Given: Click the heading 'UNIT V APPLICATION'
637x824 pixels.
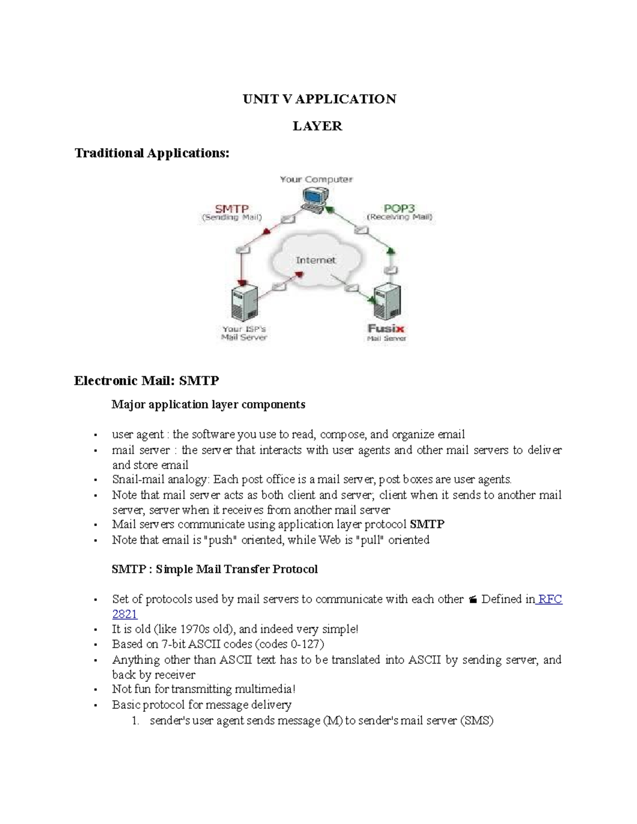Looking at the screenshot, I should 319,99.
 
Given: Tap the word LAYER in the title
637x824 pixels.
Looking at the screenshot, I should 317,126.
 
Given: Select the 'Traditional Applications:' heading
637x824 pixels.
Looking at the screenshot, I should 152,153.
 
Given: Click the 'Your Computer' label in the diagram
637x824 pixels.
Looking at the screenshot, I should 316,179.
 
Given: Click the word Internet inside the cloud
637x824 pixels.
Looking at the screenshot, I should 316,260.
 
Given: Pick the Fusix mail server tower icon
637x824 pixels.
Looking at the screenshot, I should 386,301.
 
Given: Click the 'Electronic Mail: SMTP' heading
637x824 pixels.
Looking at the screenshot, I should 147,380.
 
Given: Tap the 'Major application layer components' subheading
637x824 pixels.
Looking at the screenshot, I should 208,404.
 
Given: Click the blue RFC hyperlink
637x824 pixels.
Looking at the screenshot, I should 550,599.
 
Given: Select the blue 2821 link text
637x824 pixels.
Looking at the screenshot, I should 125,614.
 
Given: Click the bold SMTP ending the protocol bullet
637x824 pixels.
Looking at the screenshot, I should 427,524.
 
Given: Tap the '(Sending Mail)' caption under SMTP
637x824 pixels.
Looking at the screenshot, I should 231,218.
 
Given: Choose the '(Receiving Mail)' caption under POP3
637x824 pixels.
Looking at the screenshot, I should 400,217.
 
